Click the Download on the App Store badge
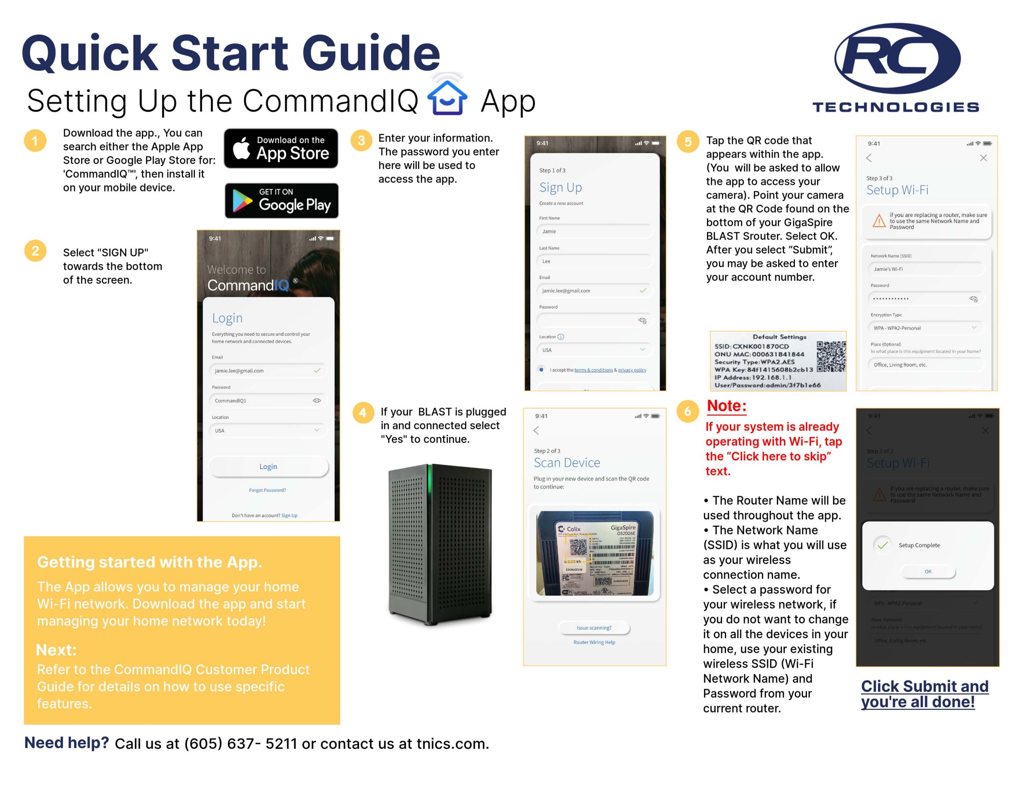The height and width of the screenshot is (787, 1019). (x=281, y=148)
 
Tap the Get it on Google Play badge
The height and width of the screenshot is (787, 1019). (x=281, y=201)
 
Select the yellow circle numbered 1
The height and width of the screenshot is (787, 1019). (x=35, y=140)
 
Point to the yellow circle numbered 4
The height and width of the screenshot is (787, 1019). (x=363, y=412)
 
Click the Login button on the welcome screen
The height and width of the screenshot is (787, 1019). (x=268, y=466)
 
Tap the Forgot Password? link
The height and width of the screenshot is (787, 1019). (x=267, y=490)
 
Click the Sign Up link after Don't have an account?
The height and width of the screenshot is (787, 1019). (x=289, y=516)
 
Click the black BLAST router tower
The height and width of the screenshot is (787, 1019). (x=440, y=543)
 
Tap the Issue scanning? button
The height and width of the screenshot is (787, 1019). (x=593, y=627)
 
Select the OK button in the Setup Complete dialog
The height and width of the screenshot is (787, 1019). (x=927, y=571)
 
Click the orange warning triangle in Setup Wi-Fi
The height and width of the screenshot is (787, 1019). (x=879, y=221)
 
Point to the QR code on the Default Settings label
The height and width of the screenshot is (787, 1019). (x=831, y=356)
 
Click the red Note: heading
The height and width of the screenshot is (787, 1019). (x=726, y=406)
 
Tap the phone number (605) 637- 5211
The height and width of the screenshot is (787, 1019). (x=240, y=744)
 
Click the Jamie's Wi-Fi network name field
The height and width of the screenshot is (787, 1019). (x=925, y=269)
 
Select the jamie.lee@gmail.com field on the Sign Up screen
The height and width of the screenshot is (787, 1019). (x=593, y=290)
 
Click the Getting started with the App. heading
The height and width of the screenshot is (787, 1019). (x=149, y=562)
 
